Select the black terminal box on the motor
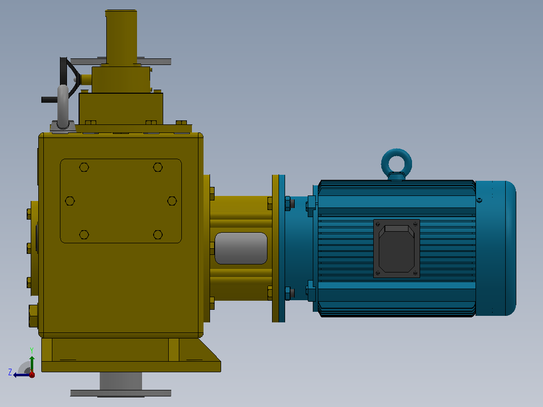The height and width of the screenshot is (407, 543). (396, 248)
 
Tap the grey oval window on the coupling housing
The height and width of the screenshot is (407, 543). (241, 248)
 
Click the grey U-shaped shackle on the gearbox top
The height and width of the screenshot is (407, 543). (62, 107)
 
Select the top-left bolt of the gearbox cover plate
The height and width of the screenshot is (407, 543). (84, 167)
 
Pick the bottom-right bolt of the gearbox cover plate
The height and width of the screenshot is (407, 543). (158, 235)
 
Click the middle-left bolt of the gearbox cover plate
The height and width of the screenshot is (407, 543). (70, 201)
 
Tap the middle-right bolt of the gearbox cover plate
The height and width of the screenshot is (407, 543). (172, 201)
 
